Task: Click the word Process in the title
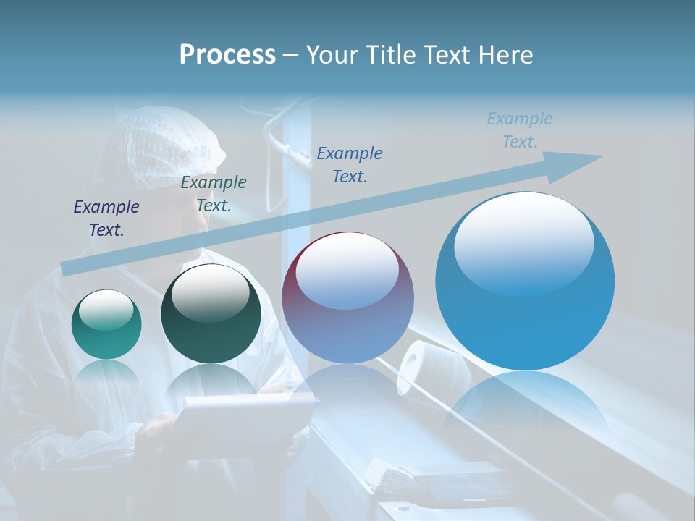coord(227,55)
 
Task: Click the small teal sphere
coord(106,325)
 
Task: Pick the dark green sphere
coord(211,315)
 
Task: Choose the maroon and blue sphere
coord(347,298)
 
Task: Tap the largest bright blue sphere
coord(525,289)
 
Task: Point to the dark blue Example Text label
coord(350,164)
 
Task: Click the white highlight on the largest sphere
coord(523,242)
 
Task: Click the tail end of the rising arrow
coord(69,268)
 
